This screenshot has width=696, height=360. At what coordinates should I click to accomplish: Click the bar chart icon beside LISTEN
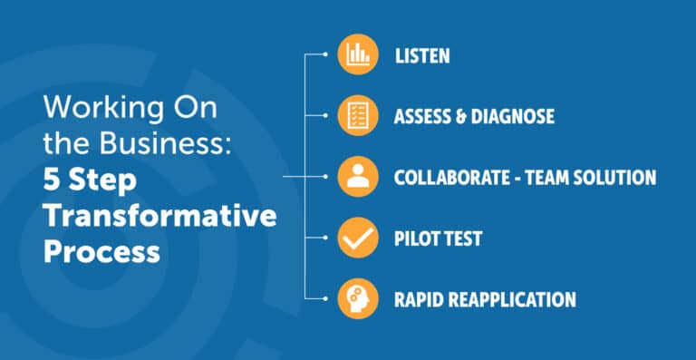(x=357, y=54)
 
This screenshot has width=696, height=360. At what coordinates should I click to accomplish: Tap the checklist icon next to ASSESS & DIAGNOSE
(x=357, y=115)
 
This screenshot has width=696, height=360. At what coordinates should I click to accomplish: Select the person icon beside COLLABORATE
(x=357, y=176)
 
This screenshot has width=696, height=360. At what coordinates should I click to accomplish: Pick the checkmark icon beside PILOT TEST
(x=357, y=238)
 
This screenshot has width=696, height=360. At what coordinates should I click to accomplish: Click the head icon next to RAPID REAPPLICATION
(x=357, y=298)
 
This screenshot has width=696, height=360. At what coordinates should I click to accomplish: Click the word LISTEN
(x=422, y=55)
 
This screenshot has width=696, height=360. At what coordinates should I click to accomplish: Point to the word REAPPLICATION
(x=513, y=299)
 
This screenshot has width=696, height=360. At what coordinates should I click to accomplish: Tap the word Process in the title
(x=101, y=249)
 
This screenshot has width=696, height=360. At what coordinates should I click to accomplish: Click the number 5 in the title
(x=51, y=181)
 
